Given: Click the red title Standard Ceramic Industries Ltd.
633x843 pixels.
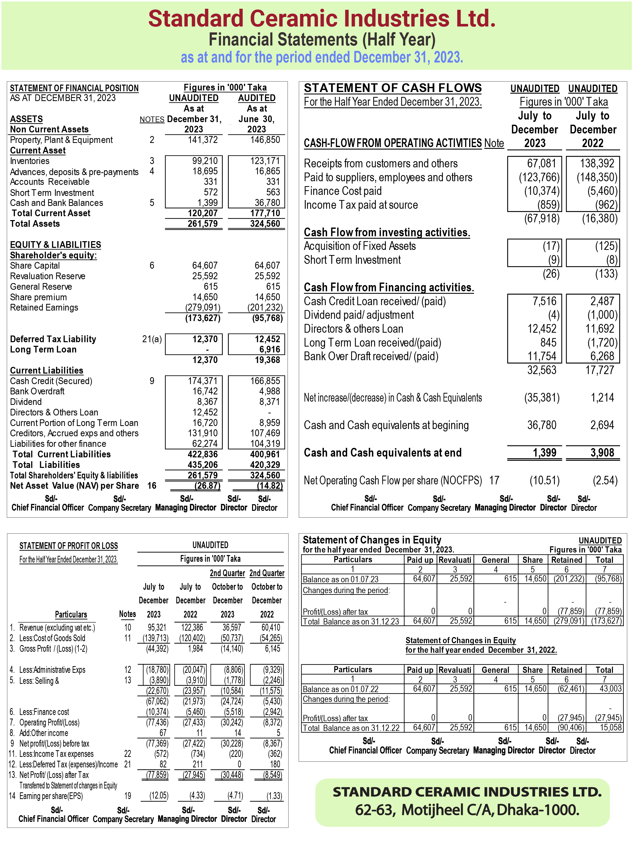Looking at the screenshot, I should click(322, 19).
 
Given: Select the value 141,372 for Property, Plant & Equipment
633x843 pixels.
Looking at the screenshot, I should click(203, 140).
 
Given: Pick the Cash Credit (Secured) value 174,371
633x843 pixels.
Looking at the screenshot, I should click(203, 381).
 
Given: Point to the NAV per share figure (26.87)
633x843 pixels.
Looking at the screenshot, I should click(207, 486).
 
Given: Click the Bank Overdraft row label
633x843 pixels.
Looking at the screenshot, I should click(37, 391).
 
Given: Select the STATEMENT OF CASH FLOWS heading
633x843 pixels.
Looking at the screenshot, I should click(393, 88).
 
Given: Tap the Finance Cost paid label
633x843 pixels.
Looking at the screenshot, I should click(342, 191).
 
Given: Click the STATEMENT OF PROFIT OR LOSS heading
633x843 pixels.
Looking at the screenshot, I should click(69, 546).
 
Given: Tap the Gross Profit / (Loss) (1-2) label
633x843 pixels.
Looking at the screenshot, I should click(53, 649).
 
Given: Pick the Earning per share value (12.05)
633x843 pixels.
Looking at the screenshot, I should click(159, 796).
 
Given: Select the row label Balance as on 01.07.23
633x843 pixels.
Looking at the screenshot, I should click(340, 579).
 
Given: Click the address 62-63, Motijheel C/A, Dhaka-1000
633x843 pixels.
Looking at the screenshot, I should click(467, 810).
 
